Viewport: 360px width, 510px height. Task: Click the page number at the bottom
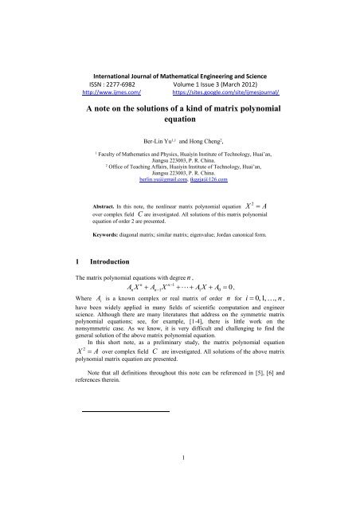pos(180,477)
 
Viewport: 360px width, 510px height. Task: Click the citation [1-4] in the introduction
pos(209,347)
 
